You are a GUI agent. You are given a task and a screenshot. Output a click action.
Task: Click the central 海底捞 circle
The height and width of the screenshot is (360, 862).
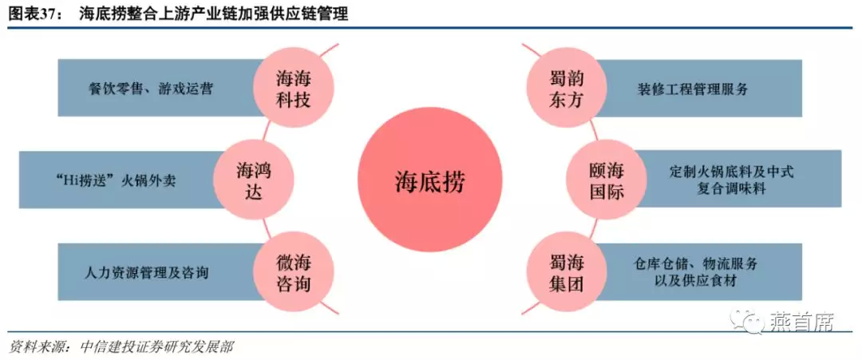coord(430,180)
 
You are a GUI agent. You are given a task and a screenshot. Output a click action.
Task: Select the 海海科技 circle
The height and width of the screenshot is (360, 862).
coord(293,89)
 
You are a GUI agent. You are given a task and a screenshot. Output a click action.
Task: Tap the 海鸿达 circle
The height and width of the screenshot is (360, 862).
coord(254,180)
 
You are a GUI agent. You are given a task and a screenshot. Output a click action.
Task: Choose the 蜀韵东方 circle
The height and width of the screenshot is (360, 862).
coord(566,89)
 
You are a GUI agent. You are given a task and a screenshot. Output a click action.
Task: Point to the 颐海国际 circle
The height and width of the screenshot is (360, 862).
coord(607,180)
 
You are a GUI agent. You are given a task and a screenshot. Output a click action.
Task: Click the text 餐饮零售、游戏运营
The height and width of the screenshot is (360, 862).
coord(150,89)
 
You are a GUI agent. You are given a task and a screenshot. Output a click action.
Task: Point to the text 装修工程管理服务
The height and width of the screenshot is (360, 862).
coord(693,89)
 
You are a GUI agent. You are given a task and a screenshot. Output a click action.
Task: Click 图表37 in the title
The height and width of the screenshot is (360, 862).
coord(32,15)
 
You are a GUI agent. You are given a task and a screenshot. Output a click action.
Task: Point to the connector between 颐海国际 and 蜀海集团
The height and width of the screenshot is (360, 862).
coord(591,227)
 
